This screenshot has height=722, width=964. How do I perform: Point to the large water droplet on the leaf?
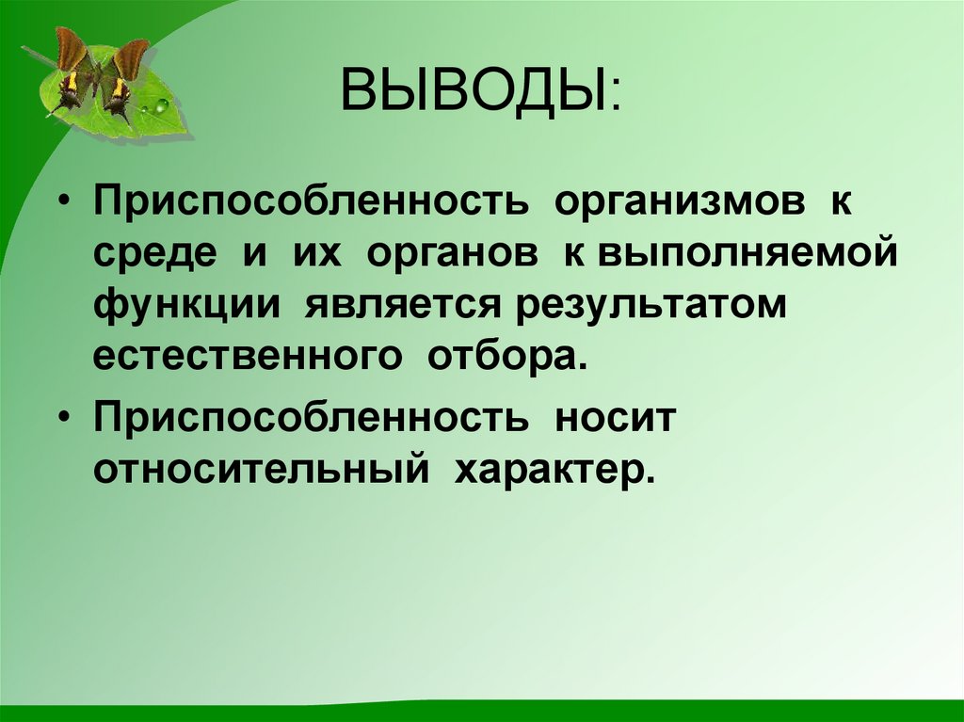click(161, 105)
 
